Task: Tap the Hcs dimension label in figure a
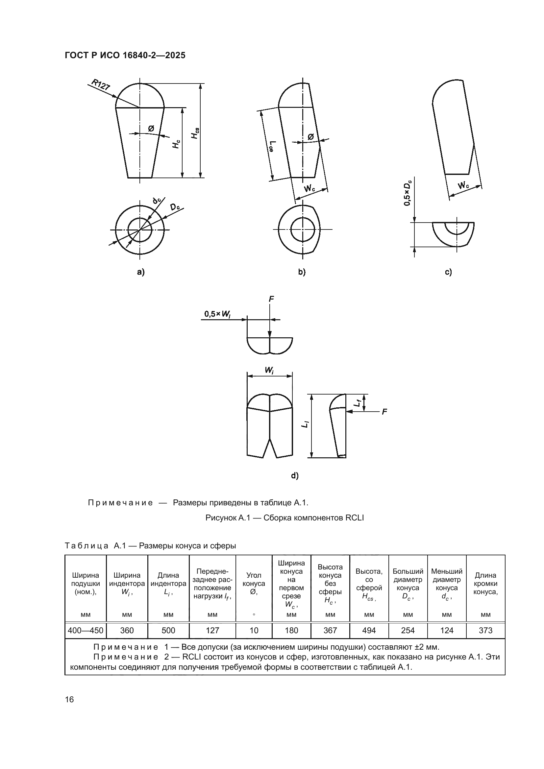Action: click(x=194, y=133)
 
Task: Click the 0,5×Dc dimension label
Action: click(x=407, y=194)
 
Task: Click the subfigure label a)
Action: click(x=141, y=272)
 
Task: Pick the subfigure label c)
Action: click(x=448, y=272)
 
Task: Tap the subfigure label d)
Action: click(x=295, y=475)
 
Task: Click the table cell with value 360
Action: click(x=127, y=630)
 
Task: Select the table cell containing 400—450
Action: click(x=86, y=630)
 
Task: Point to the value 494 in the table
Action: click(x=369, y=630)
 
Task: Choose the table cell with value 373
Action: click(x=485, y=630)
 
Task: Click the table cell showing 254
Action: click(x=408, y=630)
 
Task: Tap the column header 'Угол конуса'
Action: click(x=254, y=583)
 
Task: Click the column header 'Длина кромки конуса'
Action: click(x=485, y=583)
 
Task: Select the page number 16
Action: click(x=69, y=699)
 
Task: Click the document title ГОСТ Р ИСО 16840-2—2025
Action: click(x=125, y=55)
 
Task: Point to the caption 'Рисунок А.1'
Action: click(x=284, y=518)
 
